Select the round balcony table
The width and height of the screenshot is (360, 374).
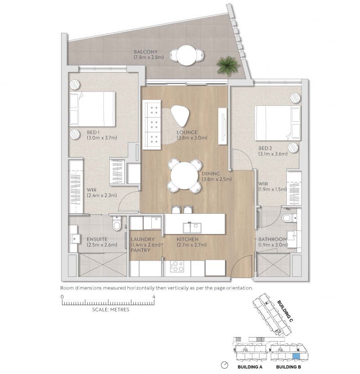coord(185,55)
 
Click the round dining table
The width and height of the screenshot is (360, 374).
coord(184,176)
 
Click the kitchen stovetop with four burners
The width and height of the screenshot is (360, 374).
coord(177,267)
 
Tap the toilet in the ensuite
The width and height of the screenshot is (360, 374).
coord(117,223)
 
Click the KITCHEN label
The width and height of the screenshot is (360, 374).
coord(187,239)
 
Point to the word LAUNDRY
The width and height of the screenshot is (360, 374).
coord(143,239)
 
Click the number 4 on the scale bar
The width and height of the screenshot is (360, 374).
coord(154,297)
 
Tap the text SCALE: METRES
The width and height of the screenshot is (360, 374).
coord(111,310)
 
